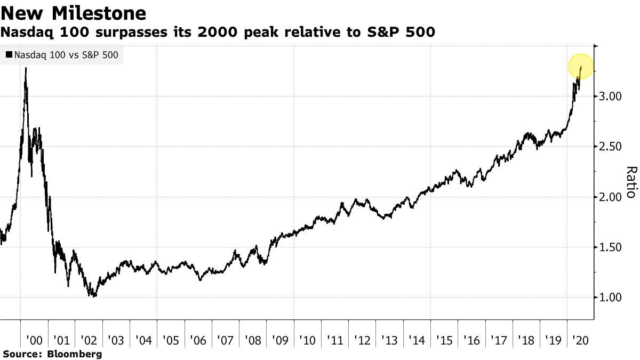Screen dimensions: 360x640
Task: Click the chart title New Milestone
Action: [74, 12]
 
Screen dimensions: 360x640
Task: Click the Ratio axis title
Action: [630, 182]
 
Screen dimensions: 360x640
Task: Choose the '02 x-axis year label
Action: [89, 340]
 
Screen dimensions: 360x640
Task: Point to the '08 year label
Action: [253, 340]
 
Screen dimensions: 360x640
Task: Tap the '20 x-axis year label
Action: [580, 340]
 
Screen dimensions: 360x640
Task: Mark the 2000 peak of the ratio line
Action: [26, 68]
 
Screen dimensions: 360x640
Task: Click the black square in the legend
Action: [9, 54]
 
